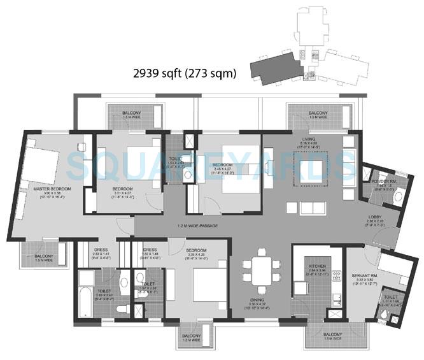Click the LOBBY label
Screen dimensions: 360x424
375,217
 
